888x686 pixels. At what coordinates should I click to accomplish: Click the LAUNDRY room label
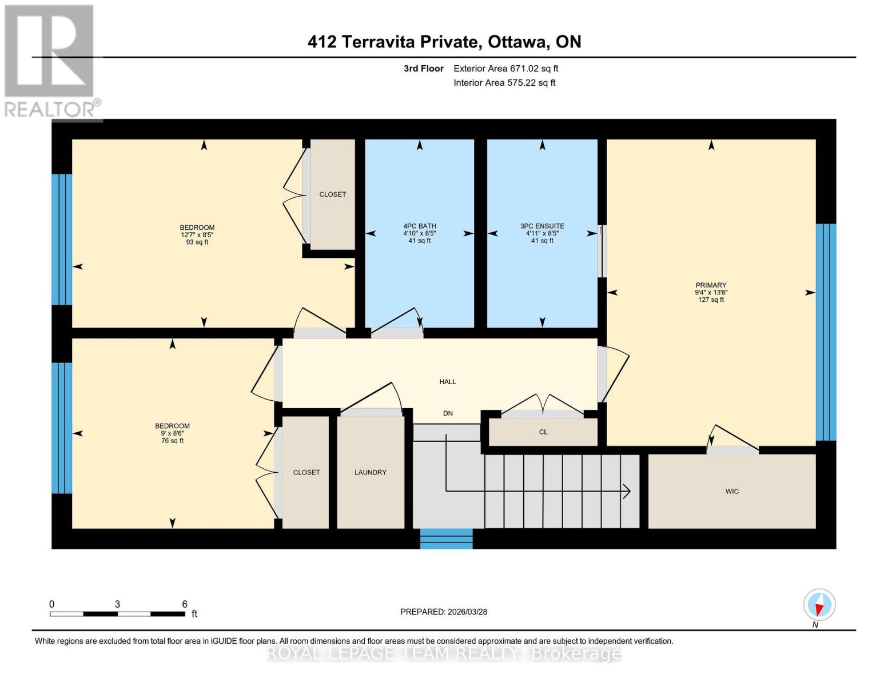(371, 472)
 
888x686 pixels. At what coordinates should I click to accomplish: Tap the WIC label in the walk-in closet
(732, 491)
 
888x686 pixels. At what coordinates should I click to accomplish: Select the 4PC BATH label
(420, 226)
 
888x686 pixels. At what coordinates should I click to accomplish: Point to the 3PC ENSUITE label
(542, 226)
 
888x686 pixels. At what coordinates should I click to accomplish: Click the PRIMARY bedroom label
(711, 285)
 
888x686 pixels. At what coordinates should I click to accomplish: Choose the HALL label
(448, 381)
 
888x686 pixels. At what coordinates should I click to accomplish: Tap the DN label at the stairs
(448, 413)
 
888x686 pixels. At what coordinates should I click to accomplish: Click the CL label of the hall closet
(543, 432)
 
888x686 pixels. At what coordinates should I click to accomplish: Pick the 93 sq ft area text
(197, 242)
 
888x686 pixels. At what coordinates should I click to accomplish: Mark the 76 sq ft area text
(172, 441)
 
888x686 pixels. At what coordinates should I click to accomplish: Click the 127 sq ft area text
(711, 300)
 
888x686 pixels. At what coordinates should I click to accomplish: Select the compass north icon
(819, 605)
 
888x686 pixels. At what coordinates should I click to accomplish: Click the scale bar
(117, 614)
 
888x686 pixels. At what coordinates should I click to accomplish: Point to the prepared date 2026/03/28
(444, 612)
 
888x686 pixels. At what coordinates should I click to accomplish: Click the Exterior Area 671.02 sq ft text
(505, 69)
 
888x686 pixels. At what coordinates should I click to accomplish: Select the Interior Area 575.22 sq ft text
(504, 83)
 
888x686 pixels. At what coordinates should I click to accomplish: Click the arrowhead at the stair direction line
(627, 491)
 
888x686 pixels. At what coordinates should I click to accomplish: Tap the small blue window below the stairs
(446, 539)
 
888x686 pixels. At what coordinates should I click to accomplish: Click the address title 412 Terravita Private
(392, 42)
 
